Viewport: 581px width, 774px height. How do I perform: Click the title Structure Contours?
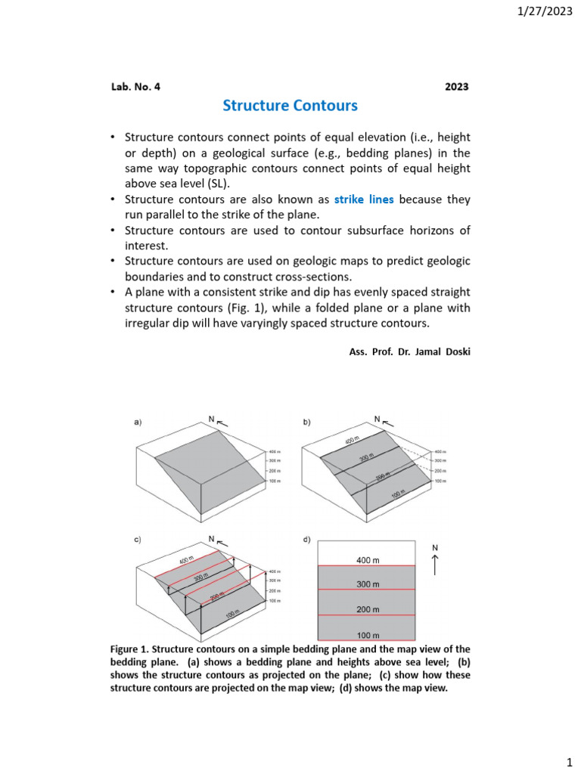click(x=290, y=106)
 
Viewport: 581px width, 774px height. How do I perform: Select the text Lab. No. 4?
click(x=135, y=86)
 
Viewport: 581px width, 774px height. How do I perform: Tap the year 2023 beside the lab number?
click(x=456, y=86)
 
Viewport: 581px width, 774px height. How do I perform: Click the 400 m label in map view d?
click(x=367, y=560)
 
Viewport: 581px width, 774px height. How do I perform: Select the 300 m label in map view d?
click(x=367, y=584)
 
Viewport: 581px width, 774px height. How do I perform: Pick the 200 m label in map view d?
click(x=367, y=609)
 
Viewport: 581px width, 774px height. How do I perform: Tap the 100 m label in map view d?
click(x=367, y=635)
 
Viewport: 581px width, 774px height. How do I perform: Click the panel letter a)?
click(x=138, y=423)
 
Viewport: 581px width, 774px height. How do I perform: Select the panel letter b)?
click(x=307, y=423)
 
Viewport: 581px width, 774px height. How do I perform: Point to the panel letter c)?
click(x=138, y=539)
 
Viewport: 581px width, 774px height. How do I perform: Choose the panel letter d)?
click(x=307, y=539)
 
